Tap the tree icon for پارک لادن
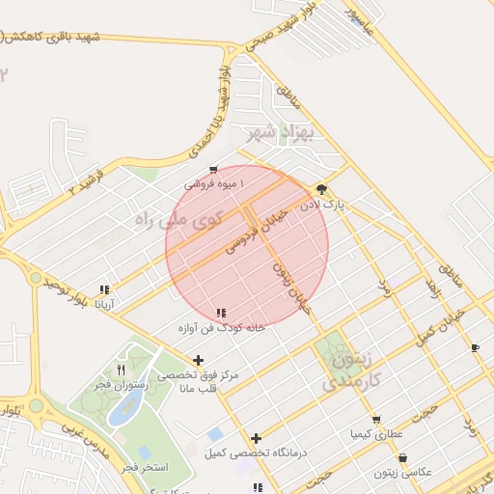(x=320, y=189)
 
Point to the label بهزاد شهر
(x=274, y=131)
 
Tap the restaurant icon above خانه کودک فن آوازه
(x=222, y=313)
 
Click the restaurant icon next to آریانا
(x=104, y=289)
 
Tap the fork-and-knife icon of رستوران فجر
(x=121, y=369)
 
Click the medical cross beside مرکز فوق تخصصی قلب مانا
(x=199, y=360)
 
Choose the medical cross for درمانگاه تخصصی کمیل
(x=256, y=438)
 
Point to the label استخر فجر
(x=146, y=468)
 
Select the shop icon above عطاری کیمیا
(x=376, y=419)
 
